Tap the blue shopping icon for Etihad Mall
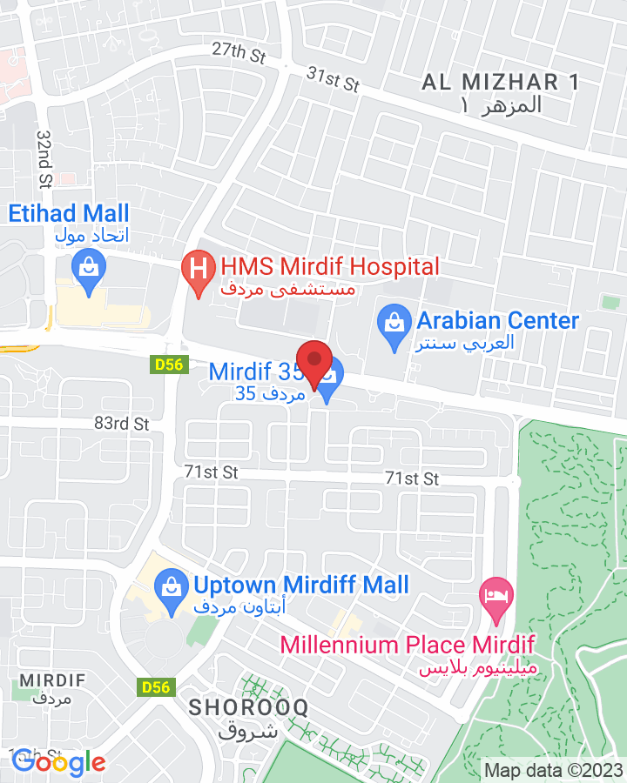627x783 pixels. pos(88,264)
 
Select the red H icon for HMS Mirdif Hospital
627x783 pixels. pos(198,266)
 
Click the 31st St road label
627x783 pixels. pos(333,79)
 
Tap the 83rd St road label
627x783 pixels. pos(122,424)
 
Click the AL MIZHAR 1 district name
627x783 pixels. pos(501,83)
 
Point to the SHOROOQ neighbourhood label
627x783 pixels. pos(248,707)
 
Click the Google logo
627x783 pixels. pos(58,763)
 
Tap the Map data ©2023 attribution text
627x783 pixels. pos(554,770)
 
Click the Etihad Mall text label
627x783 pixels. pos(70,213)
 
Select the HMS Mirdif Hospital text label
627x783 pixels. pos(330,266)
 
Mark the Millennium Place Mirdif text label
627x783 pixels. pos(407,645)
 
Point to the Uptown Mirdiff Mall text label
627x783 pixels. pos(301,585)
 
